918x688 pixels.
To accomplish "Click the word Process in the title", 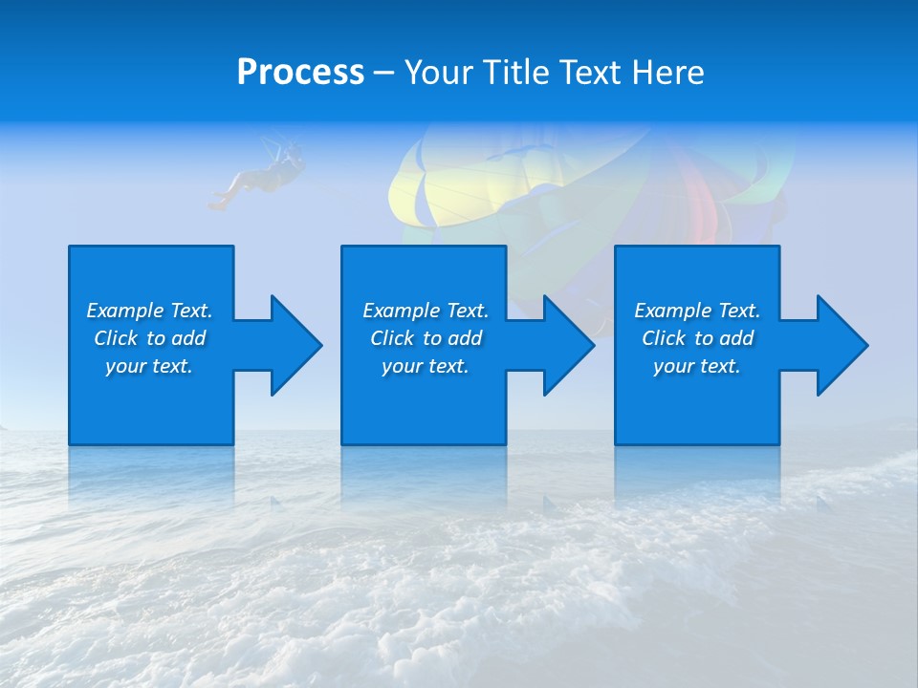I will point(300,73).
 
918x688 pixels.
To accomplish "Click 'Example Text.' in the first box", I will point(149,311).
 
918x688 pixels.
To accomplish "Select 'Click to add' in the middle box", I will point(426,338).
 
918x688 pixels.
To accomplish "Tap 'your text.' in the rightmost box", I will point(696,366).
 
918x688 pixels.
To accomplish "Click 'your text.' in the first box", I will point(149,366).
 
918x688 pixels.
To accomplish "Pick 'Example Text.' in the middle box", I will point(426,311).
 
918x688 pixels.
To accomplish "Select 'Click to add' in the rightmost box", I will point(697,338).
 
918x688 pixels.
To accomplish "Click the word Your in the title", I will point(436,73).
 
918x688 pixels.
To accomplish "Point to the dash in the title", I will point(383,74).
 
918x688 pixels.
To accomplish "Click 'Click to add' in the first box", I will point(149,338).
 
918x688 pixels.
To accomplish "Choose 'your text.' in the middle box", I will point(425,366).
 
